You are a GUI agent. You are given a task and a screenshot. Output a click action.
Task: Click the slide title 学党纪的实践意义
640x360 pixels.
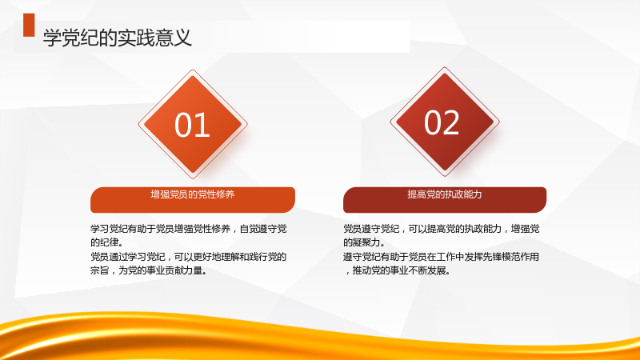(117, 38)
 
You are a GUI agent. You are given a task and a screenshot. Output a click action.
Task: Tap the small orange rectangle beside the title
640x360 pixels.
(29, 25)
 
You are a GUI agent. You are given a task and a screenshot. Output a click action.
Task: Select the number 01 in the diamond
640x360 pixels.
(192, 125)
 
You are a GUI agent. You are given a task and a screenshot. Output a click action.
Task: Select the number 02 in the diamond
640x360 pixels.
(442, 122)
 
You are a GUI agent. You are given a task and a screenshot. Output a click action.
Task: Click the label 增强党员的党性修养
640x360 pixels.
(192, 194)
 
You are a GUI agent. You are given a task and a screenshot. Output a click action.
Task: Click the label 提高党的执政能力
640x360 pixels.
(445, 194)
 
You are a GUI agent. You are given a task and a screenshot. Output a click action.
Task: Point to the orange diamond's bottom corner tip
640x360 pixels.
(193, 178)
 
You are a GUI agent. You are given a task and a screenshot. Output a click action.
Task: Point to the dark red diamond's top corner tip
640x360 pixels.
(445, 67)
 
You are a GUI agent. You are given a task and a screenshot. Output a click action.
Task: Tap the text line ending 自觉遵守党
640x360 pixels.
(189, 229)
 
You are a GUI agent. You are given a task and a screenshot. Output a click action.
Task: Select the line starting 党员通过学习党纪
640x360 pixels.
(189, 257)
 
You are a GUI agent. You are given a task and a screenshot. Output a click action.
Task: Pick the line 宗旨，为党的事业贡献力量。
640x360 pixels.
(149, 270)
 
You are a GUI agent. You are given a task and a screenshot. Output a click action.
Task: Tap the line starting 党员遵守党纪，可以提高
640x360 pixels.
(442, 229)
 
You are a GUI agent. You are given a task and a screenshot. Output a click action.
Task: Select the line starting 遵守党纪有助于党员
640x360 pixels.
(442, 257)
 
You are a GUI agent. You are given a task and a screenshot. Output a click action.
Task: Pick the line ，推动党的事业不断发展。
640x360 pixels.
(397, 270)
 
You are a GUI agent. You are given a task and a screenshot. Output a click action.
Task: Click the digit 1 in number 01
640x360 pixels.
(203, 125)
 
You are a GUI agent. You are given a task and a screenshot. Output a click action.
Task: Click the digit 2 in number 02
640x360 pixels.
(451, 122)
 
